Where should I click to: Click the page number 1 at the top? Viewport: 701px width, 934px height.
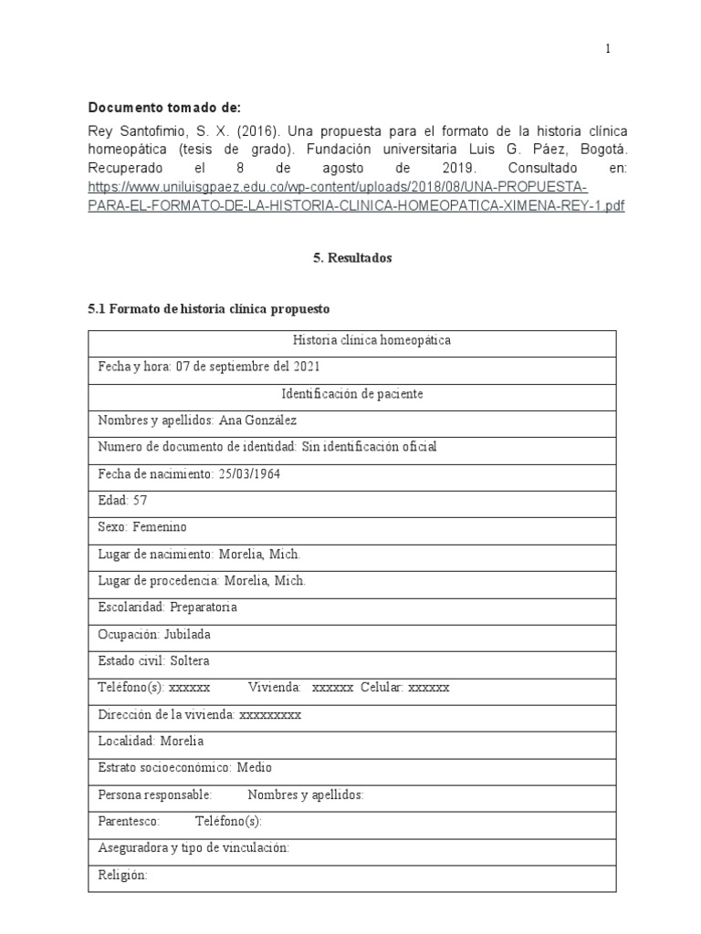coord(609,49)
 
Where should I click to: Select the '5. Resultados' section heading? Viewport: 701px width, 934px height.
coord(351,258)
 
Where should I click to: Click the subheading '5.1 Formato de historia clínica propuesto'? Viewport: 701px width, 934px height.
coord(208,309)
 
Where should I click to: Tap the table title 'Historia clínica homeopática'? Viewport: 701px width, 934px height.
coord(351,341)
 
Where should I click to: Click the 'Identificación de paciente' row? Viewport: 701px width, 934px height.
coord(351,394)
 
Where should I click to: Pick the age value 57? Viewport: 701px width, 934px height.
coord(139,500)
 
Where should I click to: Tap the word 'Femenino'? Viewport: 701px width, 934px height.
coord(159,526)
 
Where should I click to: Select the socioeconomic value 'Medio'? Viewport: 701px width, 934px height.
coord(256,767)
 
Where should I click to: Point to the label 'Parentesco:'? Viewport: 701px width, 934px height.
coord(129,821)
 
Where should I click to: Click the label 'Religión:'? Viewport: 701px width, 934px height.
coord(122,875)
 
